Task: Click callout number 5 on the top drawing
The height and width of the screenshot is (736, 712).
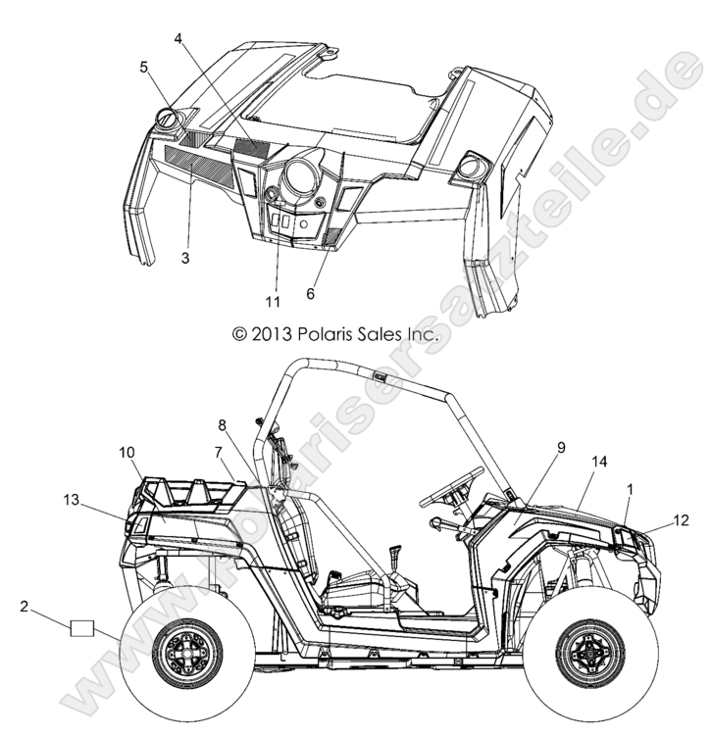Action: (x=144, y=68)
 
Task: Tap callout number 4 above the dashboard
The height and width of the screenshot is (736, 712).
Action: (x=178, y=38)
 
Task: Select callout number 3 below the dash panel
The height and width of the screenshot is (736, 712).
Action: (x=185, y=258)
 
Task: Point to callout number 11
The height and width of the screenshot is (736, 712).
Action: (x=273, y=301)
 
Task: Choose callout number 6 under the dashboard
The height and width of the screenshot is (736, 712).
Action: (x=311, y=294)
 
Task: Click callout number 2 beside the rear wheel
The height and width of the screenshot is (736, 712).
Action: (x=25, y=607)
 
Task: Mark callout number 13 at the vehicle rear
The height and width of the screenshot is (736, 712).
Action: (x=72, y=501)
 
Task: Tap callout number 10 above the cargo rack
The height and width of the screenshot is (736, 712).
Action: (x=127, y=453)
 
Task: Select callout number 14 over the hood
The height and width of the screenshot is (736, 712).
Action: (x=599, y=462)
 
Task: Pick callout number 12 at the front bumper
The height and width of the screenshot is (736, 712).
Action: (x=681, y=520)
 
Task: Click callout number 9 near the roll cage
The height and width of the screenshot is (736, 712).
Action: (x=561, y=448)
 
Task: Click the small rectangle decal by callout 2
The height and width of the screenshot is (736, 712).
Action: (x=82, y=628)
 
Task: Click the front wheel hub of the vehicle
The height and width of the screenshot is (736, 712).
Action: (x=590, y=654)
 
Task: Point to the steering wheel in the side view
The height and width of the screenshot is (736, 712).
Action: (x=452, y=487)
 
